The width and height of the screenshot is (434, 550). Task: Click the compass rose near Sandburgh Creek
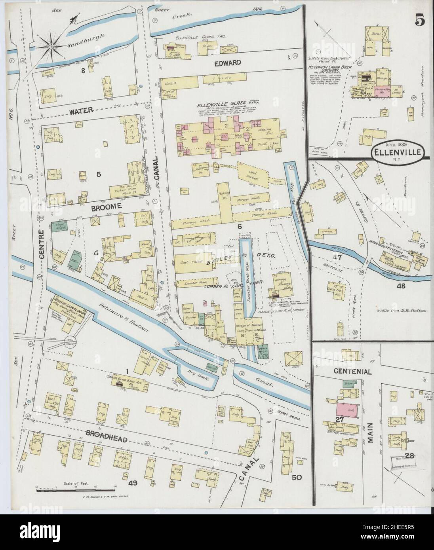tap(51, 47)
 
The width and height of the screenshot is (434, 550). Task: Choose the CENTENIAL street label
tap(352, 372)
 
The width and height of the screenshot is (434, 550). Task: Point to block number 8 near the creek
tap(83, 71)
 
